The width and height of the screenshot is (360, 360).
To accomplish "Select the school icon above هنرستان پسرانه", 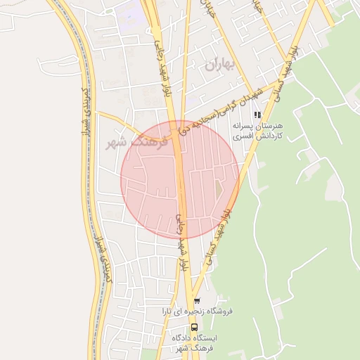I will coord(258,114).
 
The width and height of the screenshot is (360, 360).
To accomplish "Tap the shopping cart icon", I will coord(196,301).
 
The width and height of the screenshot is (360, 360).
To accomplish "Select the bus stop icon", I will coord(194,326).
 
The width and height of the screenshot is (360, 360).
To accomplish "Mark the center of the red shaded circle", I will coord(180,180).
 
